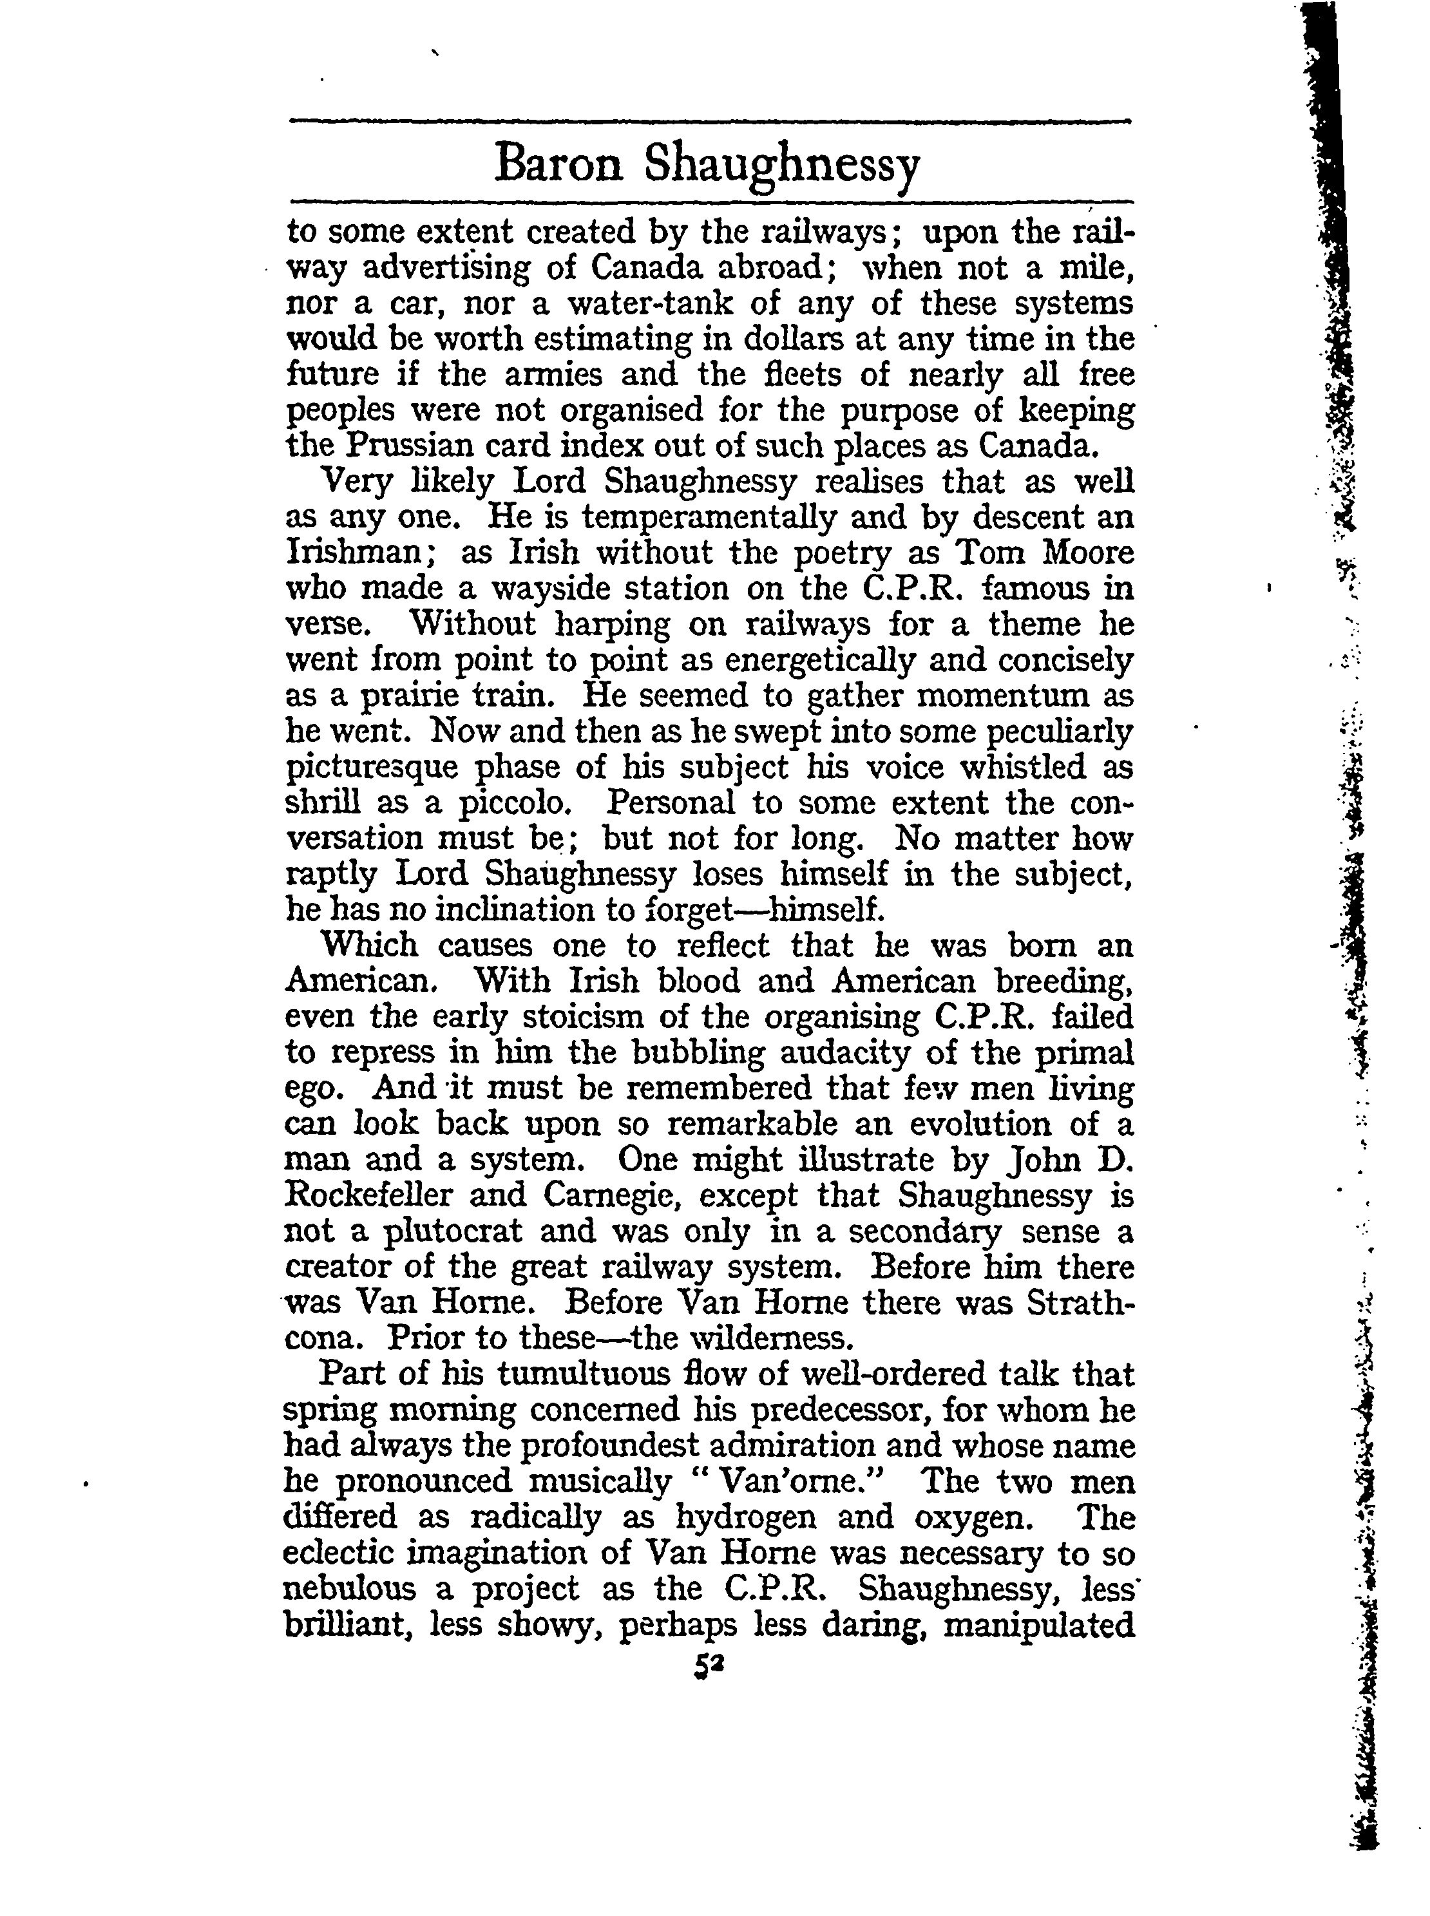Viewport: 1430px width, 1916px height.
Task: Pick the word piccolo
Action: click(x=514, y=803)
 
